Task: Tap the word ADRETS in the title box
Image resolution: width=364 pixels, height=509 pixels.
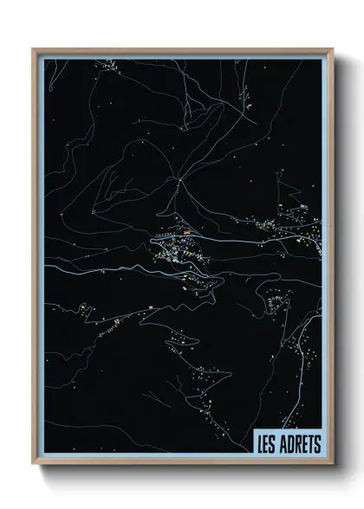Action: [x=298, y=443]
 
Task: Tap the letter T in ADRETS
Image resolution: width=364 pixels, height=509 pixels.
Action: [x=309, y=443]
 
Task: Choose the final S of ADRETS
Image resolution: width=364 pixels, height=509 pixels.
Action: [x=316, y=443]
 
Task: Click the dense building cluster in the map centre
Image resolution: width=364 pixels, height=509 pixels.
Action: [x=184, y=251]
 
